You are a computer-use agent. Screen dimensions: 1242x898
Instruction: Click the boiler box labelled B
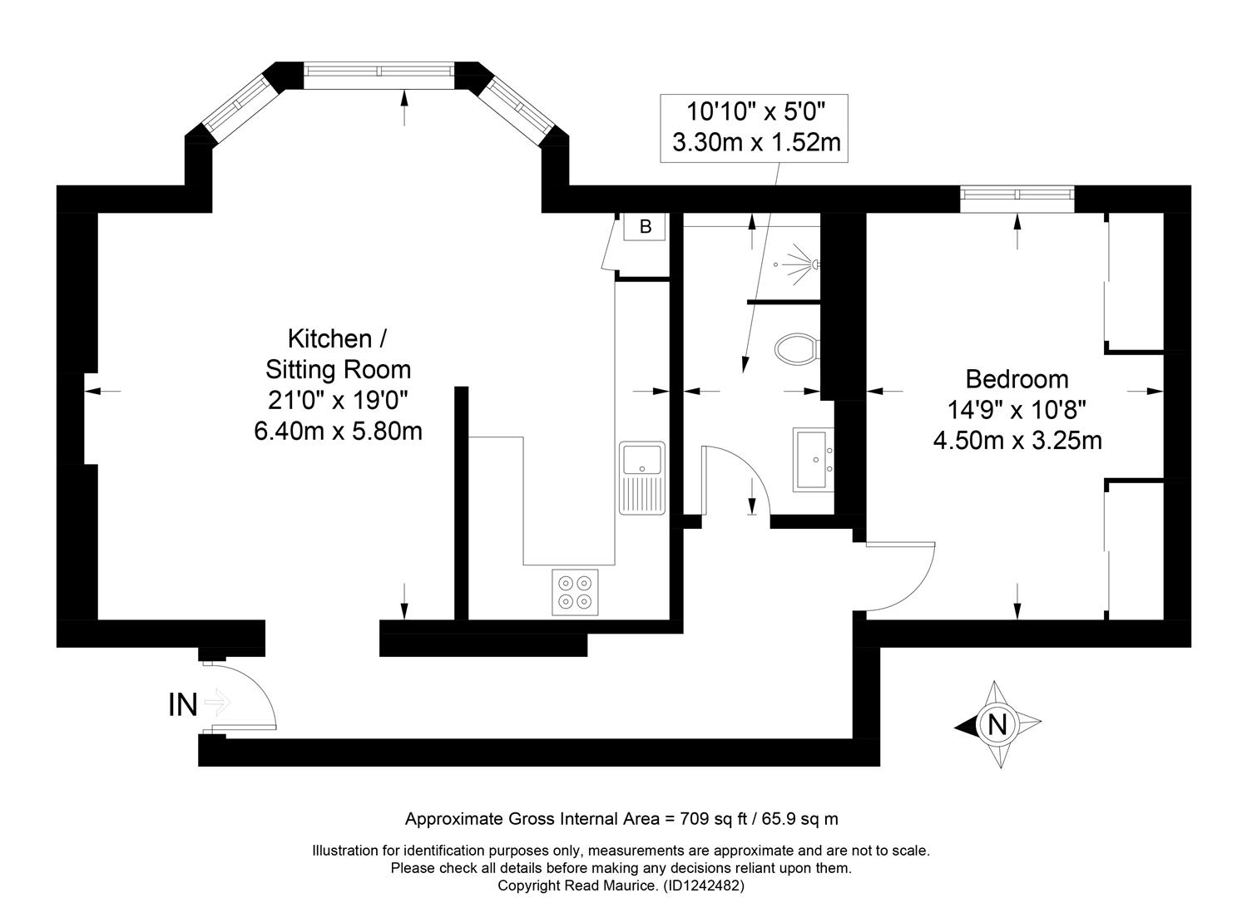pyautogui.click(x=644, y=226)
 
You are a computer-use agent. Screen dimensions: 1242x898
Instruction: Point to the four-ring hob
pyautogui.click(x=575, y=592)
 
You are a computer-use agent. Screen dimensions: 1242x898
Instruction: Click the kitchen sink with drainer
pyautogui.click(x=642, y=478)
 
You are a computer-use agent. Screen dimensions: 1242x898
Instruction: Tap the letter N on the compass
pyautogui.click(x=997, y=724)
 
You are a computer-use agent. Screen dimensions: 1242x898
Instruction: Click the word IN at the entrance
pyautogui.click(x=183, y=704)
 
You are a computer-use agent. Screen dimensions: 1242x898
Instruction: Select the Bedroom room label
pyautogui.click(x=1017, y=379)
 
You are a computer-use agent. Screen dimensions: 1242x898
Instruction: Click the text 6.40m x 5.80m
pyautogui.click(x=339, y=431)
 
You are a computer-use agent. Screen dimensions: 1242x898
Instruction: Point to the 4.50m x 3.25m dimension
pyautogui.click(x=1017, y=441)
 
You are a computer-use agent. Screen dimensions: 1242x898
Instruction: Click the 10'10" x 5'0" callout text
pyautogui.click(x=756, y=111)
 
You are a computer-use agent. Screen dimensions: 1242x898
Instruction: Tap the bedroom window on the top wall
pyautogui.click(x=1017, y=194)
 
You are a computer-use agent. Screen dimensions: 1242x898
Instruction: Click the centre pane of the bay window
pyautogui.click(x=379, y=71)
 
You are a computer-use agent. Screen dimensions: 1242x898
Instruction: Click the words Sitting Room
pyautogui.click(x=339, y=370)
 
